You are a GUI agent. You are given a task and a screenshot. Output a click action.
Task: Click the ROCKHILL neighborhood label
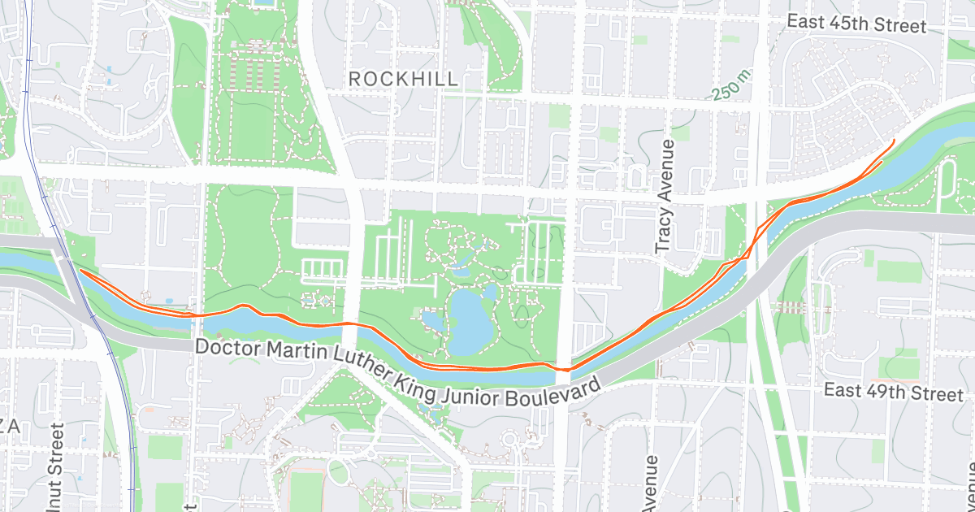click(403, 79)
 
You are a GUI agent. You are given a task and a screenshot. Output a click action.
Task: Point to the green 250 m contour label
click(729, 85)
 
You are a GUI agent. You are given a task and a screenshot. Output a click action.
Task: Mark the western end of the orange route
click(79, 272)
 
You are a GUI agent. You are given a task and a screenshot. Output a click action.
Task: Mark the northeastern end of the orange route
click(894, 142)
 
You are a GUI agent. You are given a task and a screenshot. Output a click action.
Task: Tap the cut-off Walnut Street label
click(55, 467)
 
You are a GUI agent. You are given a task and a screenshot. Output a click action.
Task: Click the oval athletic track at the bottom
click(305, 488)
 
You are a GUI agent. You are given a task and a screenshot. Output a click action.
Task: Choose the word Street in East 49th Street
click(938, 394)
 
